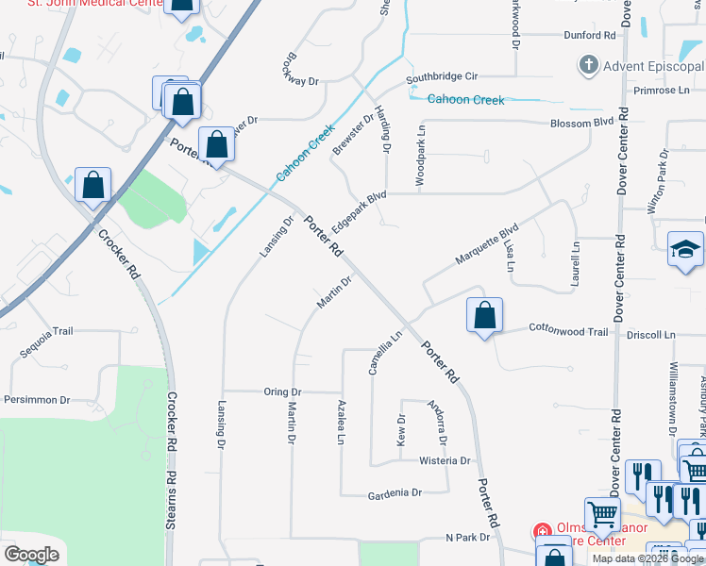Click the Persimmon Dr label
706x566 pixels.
(38, 400)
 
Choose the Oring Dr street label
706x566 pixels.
(282, 391)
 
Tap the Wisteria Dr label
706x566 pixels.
(445, 460)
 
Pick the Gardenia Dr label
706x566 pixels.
(396, 492)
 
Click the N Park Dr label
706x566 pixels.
(468, 537)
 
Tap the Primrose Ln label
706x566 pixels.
(663, 91)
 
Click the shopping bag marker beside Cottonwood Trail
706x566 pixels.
(484, 315)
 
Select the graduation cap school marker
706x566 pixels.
(685, 249)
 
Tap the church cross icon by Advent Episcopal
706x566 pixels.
(588, 66)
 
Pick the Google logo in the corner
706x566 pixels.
(31, 555)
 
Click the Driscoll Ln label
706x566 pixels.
(656, 335)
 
